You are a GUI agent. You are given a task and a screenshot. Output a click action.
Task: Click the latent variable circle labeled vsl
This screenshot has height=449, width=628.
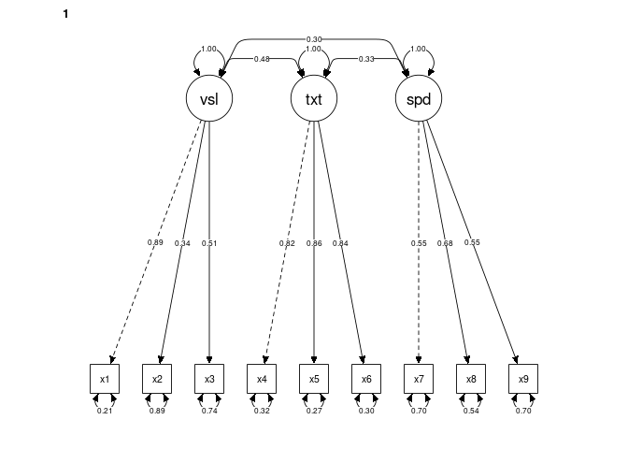[x=209, y=98]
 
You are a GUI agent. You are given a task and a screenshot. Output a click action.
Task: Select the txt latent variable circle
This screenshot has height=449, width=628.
[x=314, y=98]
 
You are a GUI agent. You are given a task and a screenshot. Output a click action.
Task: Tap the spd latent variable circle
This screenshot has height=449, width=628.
[x=419, y=98]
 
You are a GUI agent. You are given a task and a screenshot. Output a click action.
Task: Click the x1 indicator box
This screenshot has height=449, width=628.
[x=105, y=379]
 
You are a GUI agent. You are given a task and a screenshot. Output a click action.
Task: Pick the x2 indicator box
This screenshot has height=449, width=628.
[x=157, y=379]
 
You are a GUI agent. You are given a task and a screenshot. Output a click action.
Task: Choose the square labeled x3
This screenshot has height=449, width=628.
[x=209, y=379]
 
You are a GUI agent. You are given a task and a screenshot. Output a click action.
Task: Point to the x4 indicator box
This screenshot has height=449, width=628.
[x=262, y=379]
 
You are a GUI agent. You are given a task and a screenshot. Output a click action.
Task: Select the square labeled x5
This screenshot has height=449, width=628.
[x=314, y=379]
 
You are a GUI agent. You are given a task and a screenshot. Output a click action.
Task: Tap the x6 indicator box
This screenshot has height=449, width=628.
[x=366, y=379]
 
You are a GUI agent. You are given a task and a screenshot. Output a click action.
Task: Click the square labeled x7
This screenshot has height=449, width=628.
[x=419, y=379]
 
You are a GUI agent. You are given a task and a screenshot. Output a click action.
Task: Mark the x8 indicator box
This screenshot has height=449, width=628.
[x=471, y=379]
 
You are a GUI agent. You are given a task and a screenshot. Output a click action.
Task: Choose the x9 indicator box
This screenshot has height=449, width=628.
[x=523, y=379]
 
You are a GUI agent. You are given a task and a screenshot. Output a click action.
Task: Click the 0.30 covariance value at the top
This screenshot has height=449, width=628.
[x=314, y=39]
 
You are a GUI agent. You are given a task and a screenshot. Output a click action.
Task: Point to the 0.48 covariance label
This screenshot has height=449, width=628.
[x=262, y=59]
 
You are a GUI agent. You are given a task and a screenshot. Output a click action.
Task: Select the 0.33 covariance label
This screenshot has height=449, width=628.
[x=366, y=59]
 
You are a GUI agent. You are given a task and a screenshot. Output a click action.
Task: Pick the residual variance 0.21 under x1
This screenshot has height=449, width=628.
[x=105, y=411]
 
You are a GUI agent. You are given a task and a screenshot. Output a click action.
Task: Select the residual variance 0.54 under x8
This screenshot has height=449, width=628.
[x=471, y=411]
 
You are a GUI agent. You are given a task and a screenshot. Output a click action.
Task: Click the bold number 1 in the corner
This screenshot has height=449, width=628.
[x=65, y=14]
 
